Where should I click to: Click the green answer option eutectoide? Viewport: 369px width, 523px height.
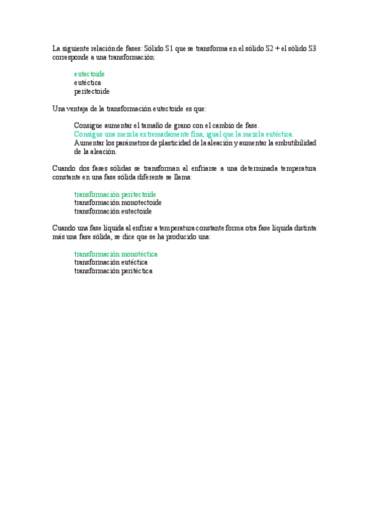click(x=89, y=74)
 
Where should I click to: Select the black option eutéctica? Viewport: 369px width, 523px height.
click(x=87, y=83)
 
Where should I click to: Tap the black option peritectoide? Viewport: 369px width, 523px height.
click(x=92, y=91)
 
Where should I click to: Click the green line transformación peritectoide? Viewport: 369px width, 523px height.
click(x=115, y=194)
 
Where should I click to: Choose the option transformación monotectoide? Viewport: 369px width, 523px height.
click(x=118, y=202)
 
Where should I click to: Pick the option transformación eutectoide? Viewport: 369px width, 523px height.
click(x=113, y=211)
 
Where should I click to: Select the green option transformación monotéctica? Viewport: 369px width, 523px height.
click(x=116, y=253)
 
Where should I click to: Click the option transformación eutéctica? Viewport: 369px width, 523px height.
click(x=111, y=262)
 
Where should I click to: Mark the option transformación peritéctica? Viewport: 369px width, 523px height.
click(x=113, y=271)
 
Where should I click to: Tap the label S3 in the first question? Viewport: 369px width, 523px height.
click(x=312, y=48)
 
